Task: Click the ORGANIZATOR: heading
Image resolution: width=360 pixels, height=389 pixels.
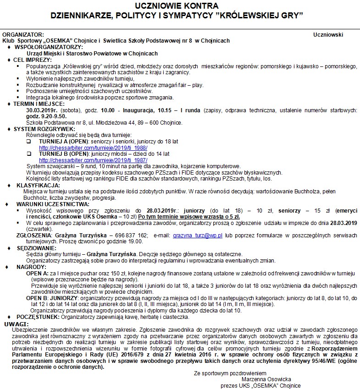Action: point(23,34)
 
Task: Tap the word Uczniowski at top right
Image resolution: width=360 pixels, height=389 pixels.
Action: point(328,34)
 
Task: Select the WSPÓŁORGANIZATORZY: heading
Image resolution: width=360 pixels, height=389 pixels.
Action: point(49,47)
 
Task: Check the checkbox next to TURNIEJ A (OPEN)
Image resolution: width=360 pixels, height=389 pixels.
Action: point(28,142)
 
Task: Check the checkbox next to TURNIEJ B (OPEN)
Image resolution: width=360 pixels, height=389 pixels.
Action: point(28,154)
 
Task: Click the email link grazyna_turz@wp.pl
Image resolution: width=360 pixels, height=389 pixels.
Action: point(191,235)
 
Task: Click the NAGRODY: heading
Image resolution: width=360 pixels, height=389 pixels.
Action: point(31,266)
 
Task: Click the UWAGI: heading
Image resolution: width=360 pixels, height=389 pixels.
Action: point(13,323)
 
